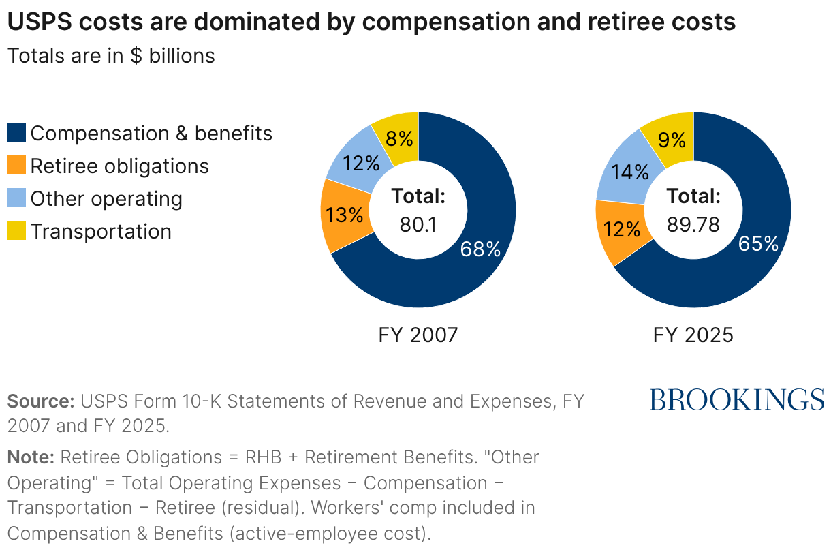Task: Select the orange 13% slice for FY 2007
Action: [x=344, y=215]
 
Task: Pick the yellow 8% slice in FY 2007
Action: [x=399, y=138]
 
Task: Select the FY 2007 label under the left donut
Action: [x=418, y=335]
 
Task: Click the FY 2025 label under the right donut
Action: [x=693, y=335]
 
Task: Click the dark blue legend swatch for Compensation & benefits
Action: [x=16, y=133]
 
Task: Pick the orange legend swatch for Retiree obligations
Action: [x=16, y=166]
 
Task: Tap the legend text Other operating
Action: [x=106, y=198]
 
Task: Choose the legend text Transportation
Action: [x=101, y=231]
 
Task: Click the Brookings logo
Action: [x=737, y=399]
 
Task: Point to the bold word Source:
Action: [x=41, y=401]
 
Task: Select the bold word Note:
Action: [x=31, y=457]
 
